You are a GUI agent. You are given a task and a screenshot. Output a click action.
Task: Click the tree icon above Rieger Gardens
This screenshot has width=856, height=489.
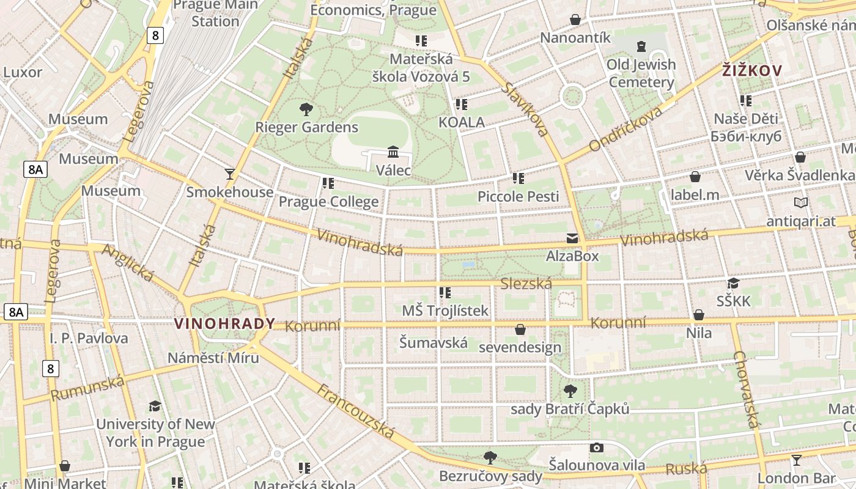(x=306, y=109)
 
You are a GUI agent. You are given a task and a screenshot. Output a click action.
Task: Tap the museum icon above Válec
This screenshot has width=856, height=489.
(x=393, y=151)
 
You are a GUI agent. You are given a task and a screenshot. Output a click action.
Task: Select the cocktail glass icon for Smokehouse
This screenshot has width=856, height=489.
(x=230, y=174)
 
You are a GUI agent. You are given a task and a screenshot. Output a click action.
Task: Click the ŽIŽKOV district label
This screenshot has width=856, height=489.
(x=751, y=71)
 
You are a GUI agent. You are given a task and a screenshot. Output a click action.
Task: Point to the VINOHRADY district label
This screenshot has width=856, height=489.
(x=224, y=324)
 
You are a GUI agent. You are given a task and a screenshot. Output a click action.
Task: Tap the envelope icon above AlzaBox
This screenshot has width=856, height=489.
(x=572, y=238)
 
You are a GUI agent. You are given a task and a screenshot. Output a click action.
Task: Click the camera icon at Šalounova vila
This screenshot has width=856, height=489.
(x=597, y=447)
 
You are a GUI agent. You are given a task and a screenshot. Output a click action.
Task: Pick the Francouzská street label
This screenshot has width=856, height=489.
(x=356, y=411)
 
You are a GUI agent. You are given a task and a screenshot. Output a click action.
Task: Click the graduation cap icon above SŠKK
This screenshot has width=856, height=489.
(x=733, y=283)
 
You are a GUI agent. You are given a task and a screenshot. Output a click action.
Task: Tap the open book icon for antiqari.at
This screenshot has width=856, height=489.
(x=800, y=202)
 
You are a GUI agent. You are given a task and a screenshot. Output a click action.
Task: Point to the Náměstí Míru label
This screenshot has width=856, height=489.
(x=213, y=358)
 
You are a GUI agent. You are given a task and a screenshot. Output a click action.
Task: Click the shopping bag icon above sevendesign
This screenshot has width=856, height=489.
(x=520, y=329)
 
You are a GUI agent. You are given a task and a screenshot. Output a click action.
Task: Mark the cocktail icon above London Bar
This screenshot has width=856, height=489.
(x=796, y=460)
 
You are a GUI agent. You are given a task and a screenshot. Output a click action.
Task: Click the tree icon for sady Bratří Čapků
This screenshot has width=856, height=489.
(x=570, y=391)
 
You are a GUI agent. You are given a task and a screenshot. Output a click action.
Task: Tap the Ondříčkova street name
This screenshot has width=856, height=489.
(x=625, y=129)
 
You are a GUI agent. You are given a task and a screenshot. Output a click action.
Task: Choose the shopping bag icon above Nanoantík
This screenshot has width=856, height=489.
(x=575, y=20)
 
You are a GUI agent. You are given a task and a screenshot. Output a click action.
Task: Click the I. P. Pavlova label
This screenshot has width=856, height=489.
(x=89, y=338)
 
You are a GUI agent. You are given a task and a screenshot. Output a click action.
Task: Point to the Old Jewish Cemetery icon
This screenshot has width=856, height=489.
(x=641, y=46)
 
